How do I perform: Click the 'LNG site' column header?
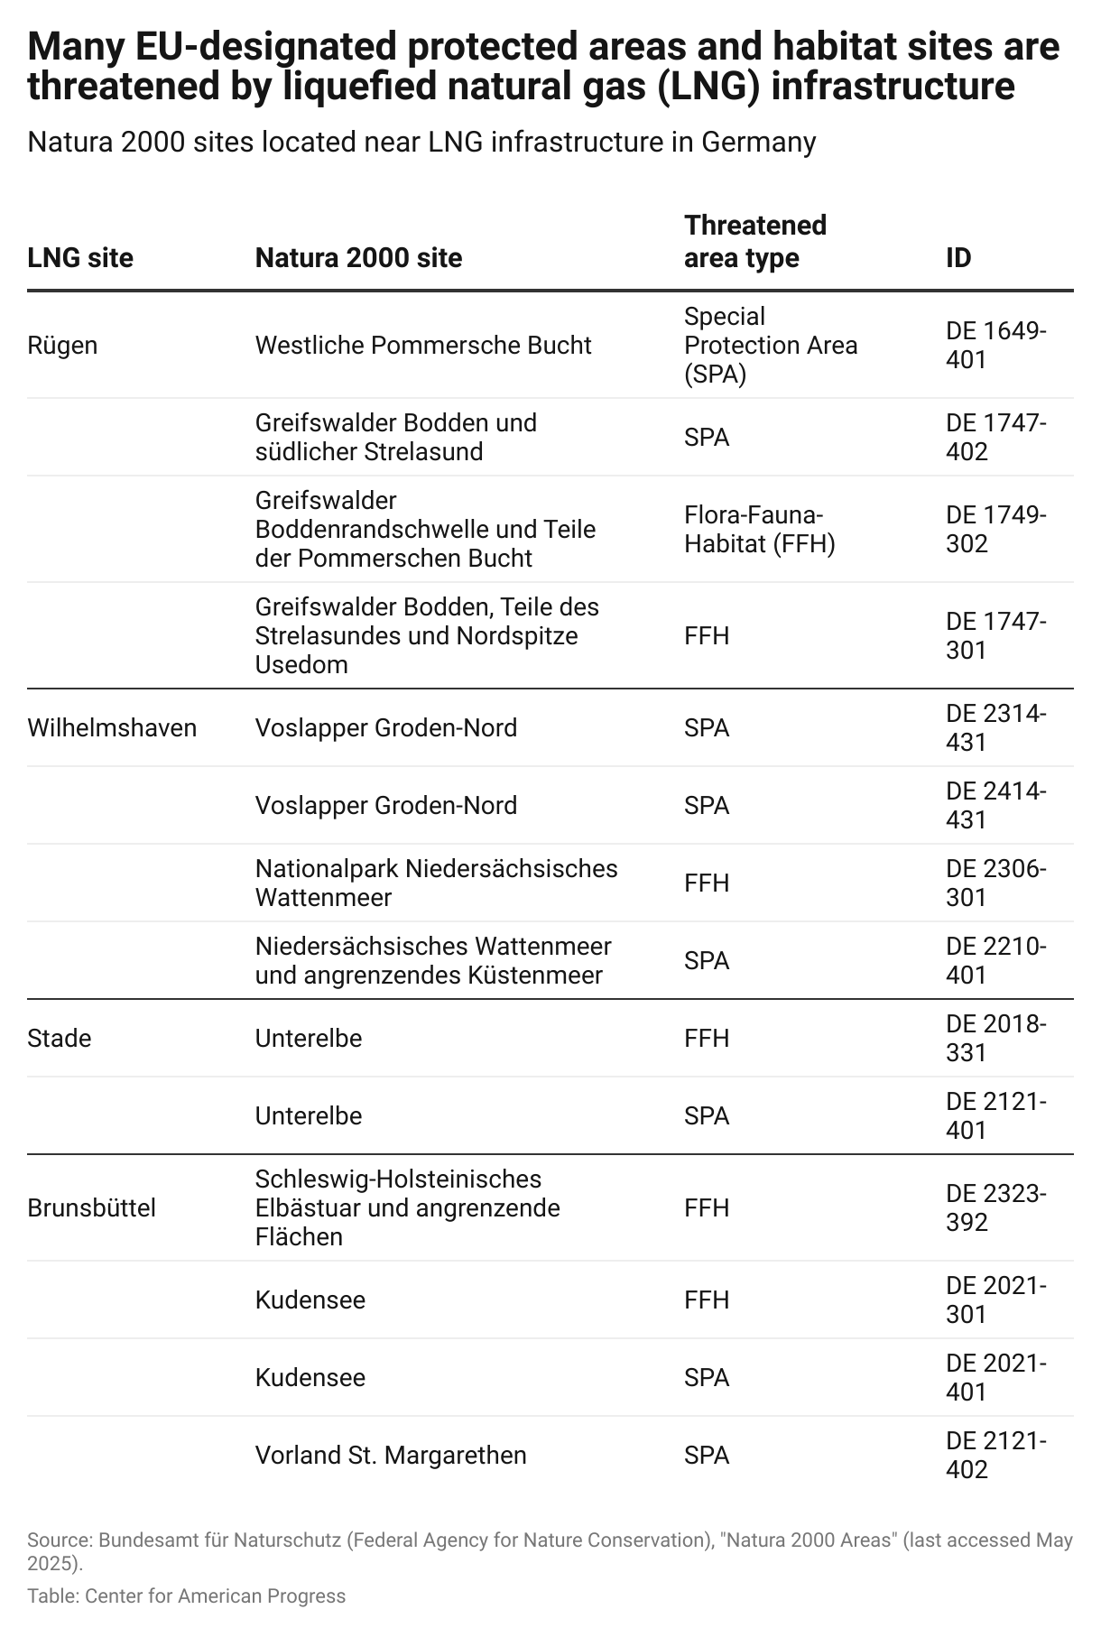point(80,258)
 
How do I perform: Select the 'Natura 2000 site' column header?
point(358,258)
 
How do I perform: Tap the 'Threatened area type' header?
point(754,241)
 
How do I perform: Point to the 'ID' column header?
point(958,258)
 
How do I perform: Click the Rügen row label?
point(62,346)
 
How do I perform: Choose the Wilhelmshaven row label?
point(112,728)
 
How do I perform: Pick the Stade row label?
point(60,1039)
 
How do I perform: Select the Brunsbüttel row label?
point(91,1208)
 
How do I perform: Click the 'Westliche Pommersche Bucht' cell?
point(423,346)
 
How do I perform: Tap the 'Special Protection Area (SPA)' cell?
point(770,346)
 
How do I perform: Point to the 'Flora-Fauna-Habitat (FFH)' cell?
point(759,530)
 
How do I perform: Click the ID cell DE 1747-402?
point(995,438)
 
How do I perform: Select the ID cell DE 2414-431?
point(995,806)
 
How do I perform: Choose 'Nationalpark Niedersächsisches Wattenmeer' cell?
point(436,883)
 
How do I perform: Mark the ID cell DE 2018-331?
point(995,1039)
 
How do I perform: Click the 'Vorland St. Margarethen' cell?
point(391,1456)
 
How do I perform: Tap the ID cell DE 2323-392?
point(995,1208)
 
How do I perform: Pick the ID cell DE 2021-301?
point(995,1300)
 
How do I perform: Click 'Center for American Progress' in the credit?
point(216,1596)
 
